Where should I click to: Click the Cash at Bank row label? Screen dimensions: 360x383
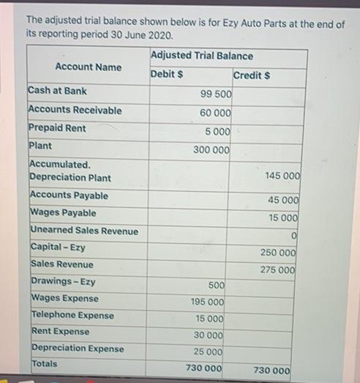point(57,91)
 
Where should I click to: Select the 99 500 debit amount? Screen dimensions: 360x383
point(215,94)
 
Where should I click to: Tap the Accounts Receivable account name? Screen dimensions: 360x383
point(75,110)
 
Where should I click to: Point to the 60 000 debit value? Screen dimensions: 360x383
point(215,113)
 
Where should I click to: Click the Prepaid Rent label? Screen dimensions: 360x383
point(57,128)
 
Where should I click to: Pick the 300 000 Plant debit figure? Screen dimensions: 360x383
point(211,149)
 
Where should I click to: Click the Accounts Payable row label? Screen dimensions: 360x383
point(69,196)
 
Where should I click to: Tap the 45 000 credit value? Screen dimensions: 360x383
point(282,200)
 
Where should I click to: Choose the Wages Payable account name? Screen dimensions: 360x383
point(63,213)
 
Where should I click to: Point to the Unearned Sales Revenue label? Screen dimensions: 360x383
point(84,231)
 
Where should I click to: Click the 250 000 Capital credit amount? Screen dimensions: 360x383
point(278,253)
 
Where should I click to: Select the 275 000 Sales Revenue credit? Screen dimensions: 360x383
point(278,270)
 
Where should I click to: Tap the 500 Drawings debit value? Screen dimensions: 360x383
point(216,285)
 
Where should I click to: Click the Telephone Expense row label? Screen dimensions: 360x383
point(72,315)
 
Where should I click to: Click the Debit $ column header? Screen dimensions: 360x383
point(167,74)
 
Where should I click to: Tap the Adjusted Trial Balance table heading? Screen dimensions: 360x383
point(202,56)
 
